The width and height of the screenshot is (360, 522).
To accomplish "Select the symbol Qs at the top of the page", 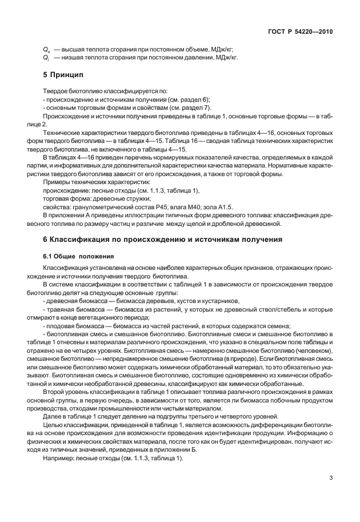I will (46, 50).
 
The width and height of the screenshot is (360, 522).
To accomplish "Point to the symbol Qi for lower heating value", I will (46, 58).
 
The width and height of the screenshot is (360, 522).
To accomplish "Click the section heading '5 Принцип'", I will (63, 75).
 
